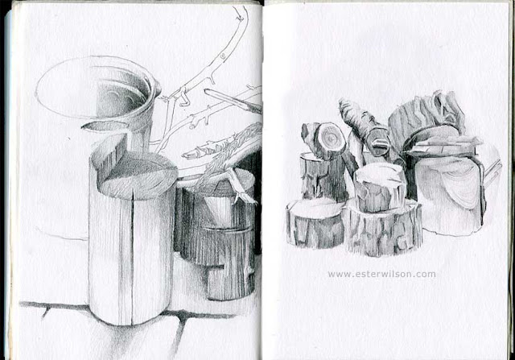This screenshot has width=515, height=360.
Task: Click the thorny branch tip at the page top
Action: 239,13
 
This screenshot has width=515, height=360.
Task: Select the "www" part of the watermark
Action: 338,274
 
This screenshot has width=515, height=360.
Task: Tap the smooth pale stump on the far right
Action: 455,193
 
